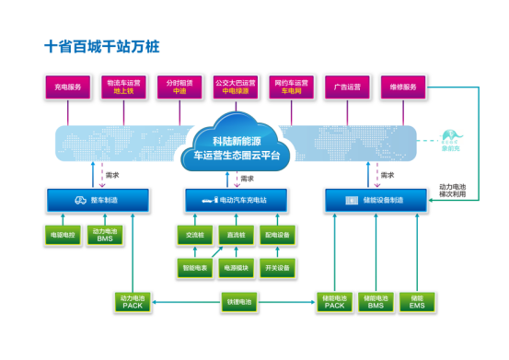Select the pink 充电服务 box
(x=70, y=87)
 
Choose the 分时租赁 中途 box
(x=179, y=87)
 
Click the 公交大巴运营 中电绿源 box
(x=235, y=87)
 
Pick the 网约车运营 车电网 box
(x=290, y=87)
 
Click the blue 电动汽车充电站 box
(x=237, y=200)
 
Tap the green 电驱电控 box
(x=63, y=235)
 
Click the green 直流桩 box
(x=236, y=236)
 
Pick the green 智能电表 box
(x=196, y=268)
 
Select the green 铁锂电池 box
(x=236, y=301)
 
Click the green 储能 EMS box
(x=417, y=301)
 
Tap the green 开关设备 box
(x=277, y=268)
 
